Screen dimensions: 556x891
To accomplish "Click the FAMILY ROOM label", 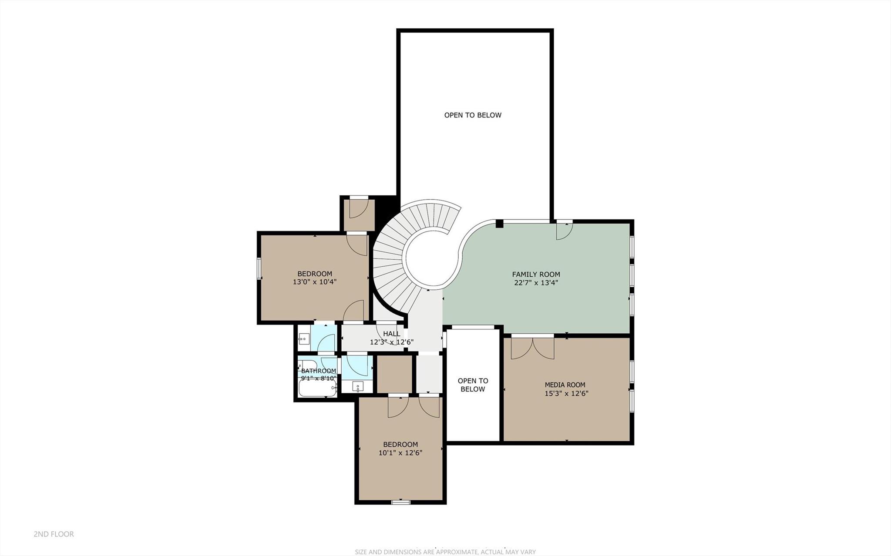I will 536,274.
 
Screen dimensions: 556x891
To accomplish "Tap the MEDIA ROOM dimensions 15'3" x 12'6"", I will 566,393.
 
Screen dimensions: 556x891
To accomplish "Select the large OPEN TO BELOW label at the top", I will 473,115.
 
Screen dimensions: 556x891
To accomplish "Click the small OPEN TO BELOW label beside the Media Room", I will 473,385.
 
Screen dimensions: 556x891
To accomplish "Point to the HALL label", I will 391,334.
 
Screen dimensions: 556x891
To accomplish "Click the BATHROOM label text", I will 319,371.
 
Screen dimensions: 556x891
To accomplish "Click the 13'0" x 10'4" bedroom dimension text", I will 315,282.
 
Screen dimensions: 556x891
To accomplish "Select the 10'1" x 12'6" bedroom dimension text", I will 400,452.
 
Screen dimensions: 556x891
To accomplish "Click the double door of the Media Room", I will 532,347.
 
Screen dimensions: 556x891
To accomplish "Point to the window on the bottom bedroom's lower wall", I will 400,502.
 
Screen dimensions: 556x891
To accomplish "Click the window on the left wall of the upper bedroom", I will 259,268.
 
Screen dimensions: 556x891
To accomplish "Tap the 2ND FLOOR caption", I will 54,534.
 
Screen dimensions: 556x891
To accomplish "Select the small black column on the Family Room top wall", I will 500,223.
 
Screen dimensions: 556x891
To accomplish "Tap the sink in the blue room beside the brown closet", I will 358,386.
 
